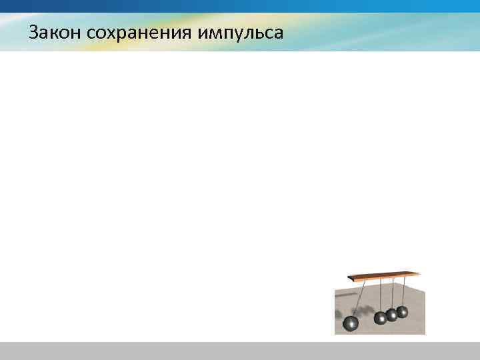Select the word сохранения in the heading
pyautogui.click(x=140, y=31)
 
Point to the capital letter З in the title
pyautogui.click(x=33, y=31)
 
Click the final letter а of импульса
pyautogui.click(x=279, y=33)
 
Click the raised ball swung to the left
pyautogui.click(x=350, y=323)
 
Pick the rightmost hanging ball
pyautogui.click(x=402, y=311)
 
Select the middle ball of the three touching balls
pyautogui.click(x=391, y=315)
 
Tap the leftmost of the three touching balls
pyautogui.click(x=380, y=318)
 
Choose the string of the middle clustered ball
pyautogui.click(x=392, y=293)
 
